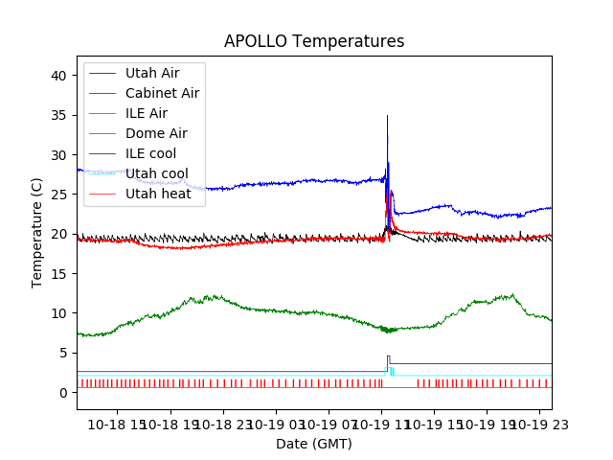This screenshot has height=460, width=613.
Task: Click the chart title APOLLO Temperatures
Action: (314, 42)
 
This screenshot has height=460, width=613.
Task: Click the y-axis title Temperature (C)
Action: (37, 232)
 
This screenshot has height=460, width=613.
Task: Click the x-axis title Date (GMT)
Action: (314, 444)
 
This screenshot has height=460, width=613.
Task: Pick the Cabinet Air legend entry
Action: (162, 93)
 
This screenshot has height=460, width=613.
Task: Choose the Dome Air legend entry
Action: (156, 133)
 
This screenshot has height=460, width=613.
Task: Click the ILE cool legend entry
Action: (151, 153)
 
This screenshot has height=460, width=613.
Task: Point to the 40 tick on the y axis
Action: (61, 76)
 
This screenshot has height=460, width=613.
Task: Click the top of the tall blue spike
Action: (387, 116)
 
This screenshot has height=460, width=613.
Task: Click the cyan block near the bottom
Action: (392, 371)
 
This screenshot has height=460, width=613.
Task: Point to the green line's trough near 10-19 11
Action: (388, 332)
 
